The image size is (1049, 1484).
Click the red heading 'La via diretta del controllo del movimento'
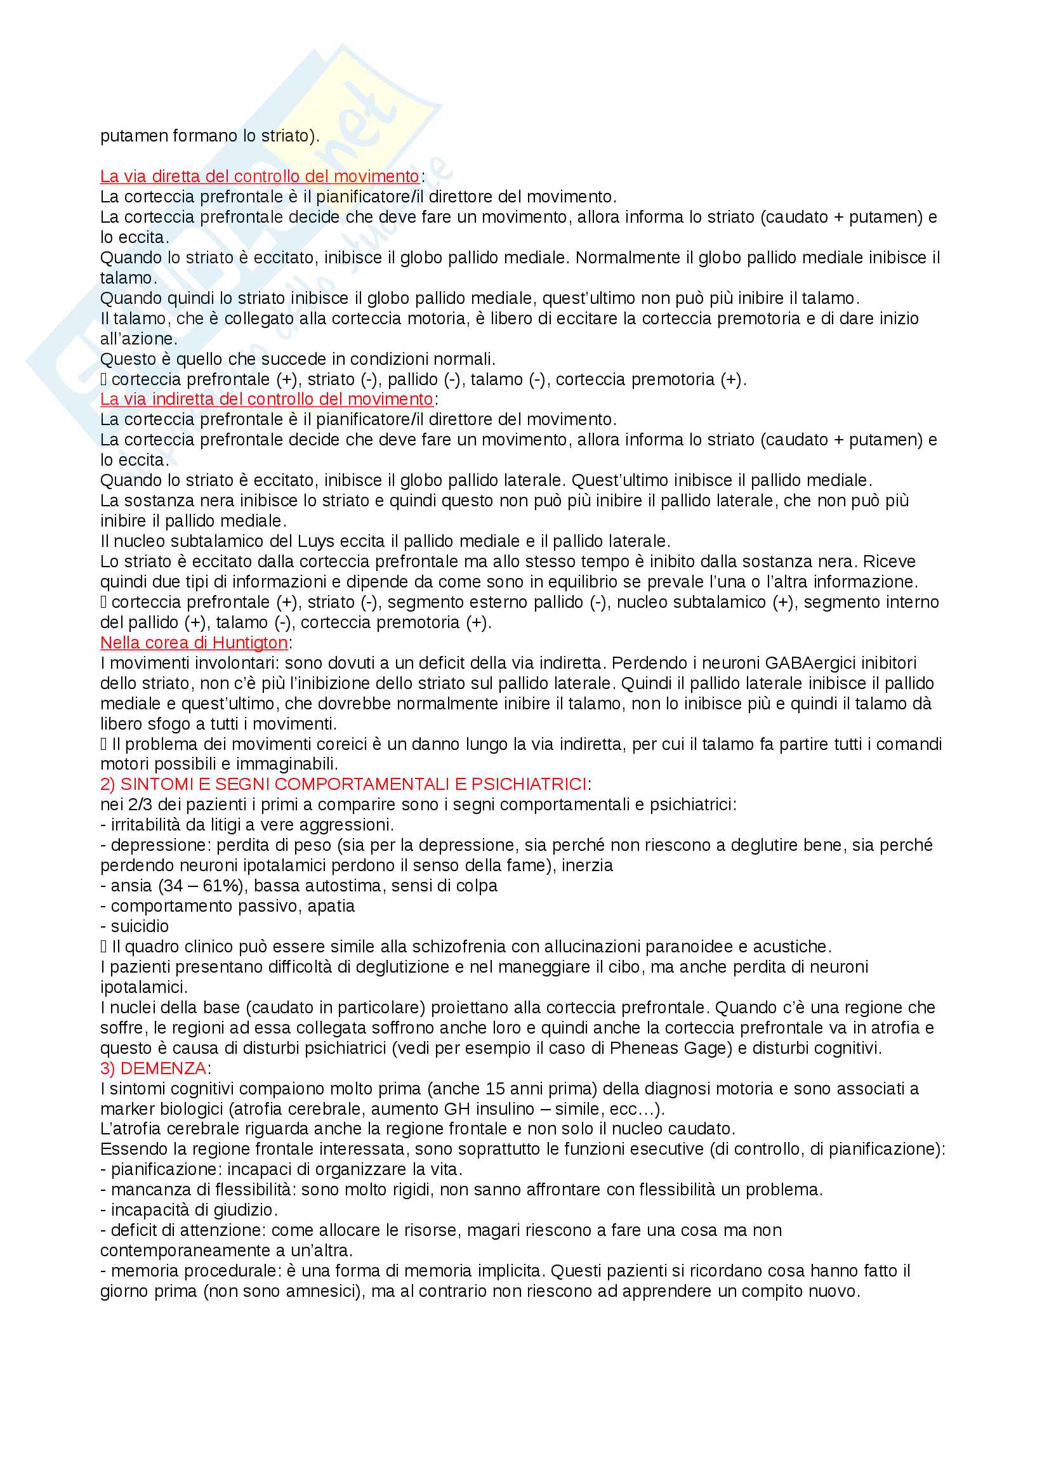click(x=259, y=176)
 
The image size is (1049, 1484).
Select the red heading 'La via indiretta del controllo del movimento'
click(x=266, y=399)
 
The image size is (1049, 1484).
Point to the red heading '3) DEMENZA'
click(x=153, y=1068)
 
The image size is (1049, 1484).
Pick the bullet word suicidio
click(x=140, y=926)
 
